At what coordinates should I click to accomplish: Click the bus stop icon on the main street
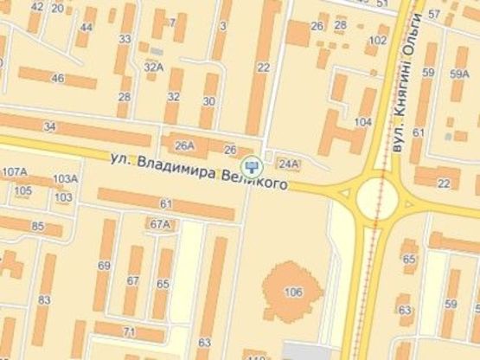[252, 164]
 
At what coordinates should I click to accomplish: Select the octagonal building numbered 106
[292, 292]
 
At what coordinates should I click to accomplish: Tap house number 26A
[185, 145]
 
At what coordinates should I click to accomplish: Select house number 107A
[15, 171]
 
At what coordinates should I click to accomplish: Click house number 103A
[65, 179]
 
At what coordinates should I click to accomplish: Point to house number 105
[23, 190]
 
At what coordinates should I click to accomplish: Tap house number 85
[37, 227]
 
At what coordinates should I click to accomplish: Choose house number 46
[58, 79]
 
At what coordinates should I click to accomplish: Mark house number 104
[363, 122]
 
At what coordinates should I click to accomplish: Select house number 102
[378, 40]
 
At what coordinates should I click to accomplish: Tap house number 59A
[459, 74]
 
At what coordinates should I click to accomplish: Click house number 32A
[154, 67]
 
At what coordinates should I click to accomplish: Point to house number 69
[105, 265]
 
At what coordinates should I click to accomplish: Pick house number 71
[129, 331]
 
